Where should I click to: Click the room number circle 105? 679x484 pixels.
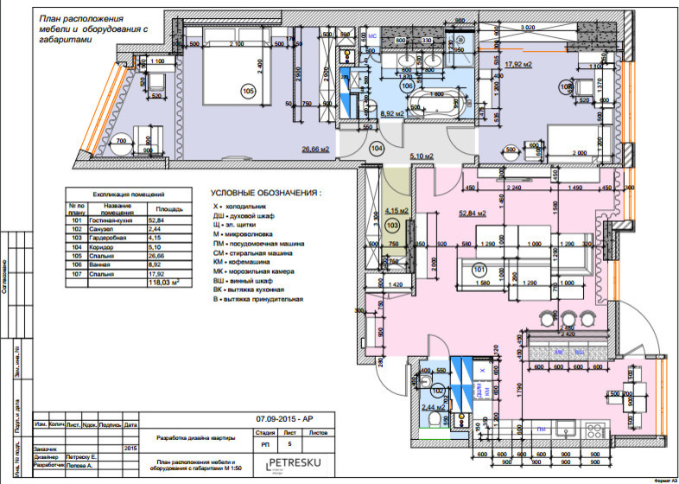click(x=248, y=91)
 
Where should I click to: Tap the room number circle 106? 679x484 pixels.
click(x=407, y=86)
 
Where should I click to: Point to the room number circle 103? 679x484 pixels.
click(x=391, y=226)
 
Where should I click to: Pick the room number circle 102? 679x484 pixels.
click(x=440, y=391)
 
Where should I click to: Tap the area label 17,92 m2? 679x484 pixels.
click(x=518, y=65)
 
